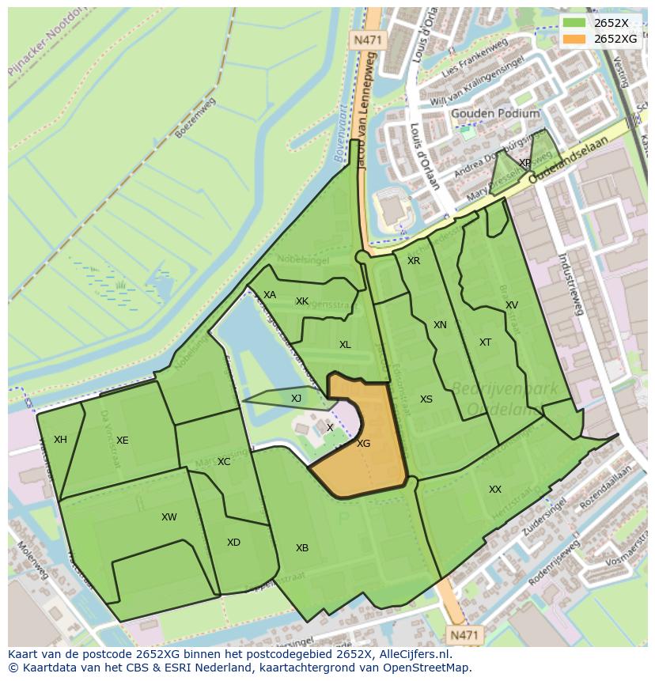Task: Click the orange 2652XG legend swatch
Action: (x=575, y=38)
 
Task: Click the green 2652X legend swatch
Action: (x=575, y=22)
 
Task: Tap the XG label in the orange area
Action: (x=363, y=444)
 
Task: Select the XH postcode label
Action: (x=60, y=440)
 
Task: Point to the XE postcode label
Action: (x=122, y=441)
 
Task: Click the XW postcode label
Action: (x=168, y=517)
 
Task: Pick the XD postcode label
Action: (x=233, y=543)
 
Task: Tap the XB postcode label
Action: (x=302, y=548)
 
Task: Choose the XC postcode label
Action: (x=224, y=462)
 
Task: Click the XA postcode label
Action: (x=270, y=295)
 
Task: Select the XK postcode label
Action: (x=302, y=301)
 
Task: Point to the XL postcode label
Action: (x=345, y=345)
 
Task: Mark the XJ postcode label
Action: (x=296, y=399)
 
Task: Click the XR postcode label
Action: (x=414, y=261)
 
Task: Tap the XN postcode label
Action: (x=440, y=325)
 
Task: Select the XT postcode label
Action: (x=485, y=342)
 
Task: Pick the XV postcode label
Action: (x=512, y=305)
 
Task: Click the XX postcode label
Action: (x=495, y=490)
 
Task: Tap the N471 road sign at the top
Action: (x=366, y=39)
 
